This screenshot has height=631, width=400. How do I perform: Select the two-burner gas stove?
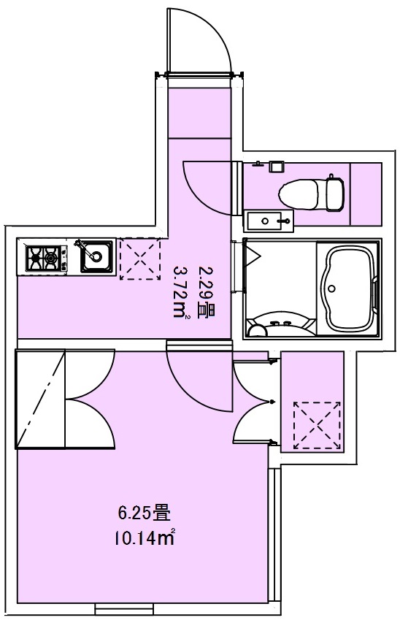pyautogui.click(x=44, y=257)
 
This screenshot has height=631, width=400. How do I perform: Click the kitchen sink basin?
pyautogui.click(x=94, y=256)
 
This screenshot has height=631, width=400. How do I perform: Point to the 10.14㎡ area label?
pyautogui.click(x=143, y=540)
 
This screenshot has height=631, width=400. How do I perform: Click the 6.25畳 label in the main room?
pyautogui.click(x=145, y=511)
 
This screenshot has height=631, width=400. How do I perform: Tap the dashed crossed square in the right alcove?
pyautogui.click(x=316, y=426)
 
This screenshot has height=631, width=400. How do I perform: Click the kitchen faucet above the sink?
pyautogui.click(x=80, y=243)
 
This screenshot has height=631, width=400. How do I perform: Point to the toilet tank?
pyautogui.click(x=335, y=193)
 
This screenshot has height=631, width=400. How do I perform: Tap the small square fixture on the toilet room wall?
pyautogui.click(x=276, y=166)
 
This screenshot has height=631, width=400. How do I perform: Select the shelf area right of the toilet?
pyautogui.click(x=366, y=194)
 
